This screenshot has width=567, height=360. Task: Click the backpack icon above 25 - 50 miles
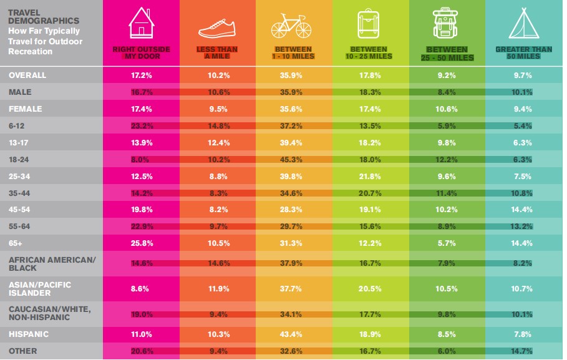click(447, 24)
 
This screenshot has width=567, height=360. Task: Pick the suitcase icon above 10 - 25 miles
click(371, 24)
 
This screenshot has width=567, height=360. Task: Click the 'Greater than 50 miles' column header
click(524, 52)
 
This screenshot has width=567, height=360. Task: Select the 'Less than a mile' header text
click(218, 52)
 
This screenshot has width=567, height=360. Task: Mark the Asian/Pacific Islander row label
click(39, 288)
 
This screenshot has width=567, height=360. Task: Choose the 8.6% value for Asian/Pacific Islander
click(141, 288)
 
